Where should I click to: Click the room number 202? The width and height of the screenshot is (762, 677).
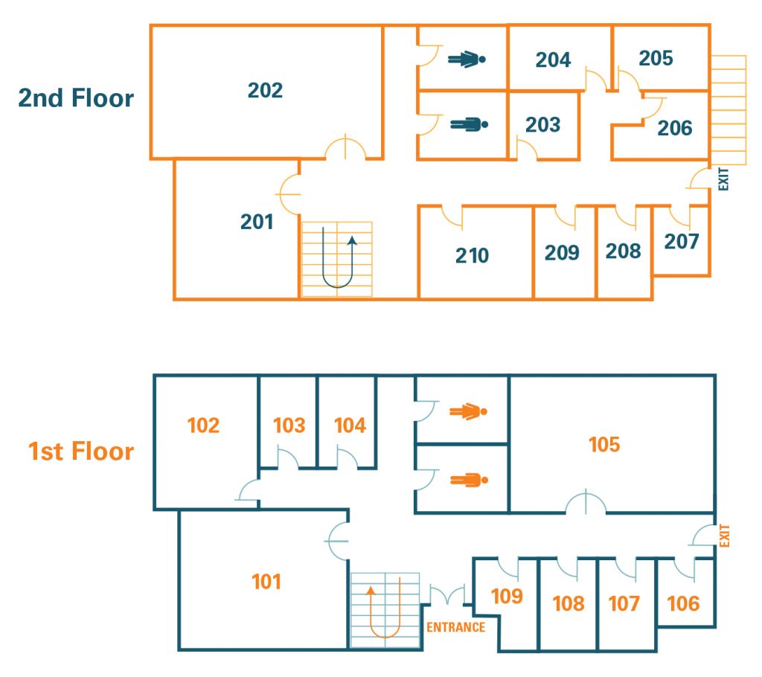coord(266,90)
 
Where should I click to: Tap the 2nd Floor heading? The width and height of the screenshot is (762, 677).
coord(76,98)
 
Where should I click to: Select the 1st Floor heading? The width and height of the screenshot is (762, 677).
coord(81,452)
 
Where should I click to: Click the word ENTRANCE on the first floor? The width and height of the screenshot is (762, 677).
coord(455,627)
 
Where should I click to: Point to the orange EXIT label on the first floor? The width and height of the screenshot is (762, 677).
coord(726,536)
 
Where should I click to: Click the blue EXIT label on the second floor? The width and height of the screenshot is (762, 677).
coord(724,179)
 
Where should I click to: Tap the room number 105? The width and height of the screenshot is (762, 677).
coord(603,444)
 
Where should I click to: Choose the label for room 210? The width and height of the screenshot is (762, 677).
coord(472,256)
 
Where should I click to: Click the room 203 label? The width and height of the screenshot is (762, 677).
coord(542,124)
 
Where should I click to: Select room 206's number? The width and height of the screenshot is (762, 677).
coord(674,128)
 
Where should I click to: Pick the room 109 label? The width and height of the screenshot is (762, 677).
coord(507,596)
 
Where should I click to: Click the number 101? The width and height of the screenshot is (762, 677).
coord(266,581)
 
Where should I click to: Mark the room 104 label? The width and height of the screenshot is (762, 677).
coord(350,426)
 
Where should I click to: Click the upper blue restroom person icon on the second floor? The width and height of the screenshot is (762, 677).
coord(467,59)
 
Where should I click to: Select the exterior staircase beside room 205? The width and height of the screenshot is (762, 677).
coord(728,109)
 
